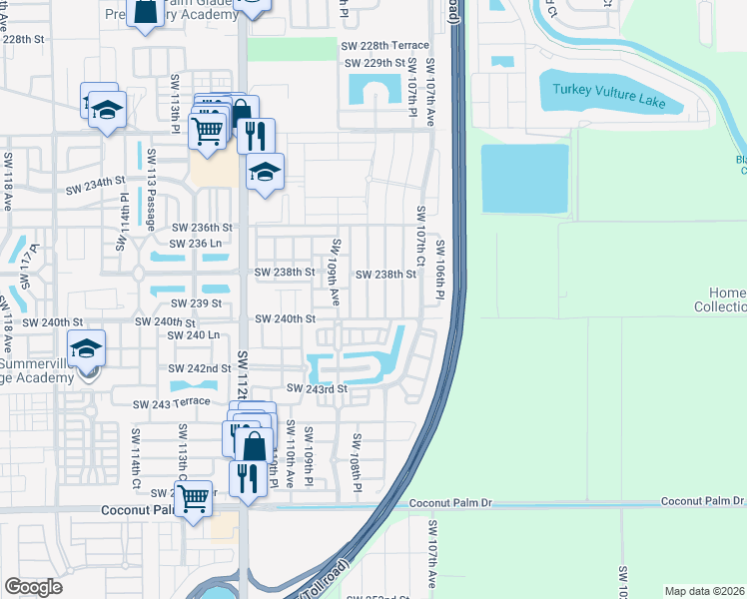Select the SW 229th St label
pyautogui.click(x=377, y=63)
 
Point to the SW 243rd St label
pyautogui.click(x=317, y=388)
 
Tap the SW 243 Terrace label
pyautogui.click(x=172, y=402)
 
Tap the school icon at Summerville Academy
pyautogui.click(x=88, y=350)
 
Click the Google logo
pyautogui.click(x=33, y=587)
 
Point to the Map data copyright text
pyautogui.click(x=704, y=591)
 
